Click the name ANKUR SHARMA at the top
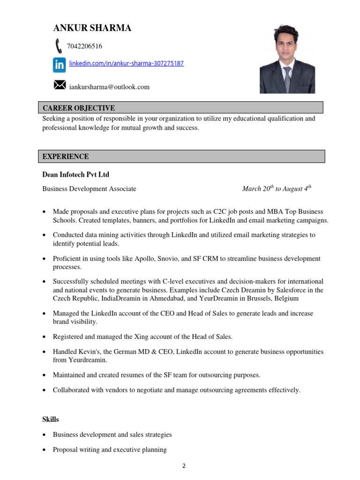(92, 28)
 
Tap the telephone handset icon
(59, 46)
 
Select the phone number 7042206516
(85, 46)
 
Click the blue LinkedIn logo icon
(59, 65)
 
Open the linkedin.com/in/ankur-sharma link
(127, 63)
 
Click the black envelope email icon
(60, 85)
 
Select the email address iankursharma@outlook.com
(109, 87)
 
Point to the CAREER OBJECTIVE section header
(79, 108)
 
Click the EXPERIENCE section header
(66, 157)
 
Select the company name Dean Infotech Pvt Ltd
(75, 175)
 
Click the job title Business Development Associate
(89, 189)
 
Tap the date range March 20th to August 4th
(277, 189)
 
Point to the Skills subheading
(51, 420)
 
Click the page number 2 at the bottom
(184, 466)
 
